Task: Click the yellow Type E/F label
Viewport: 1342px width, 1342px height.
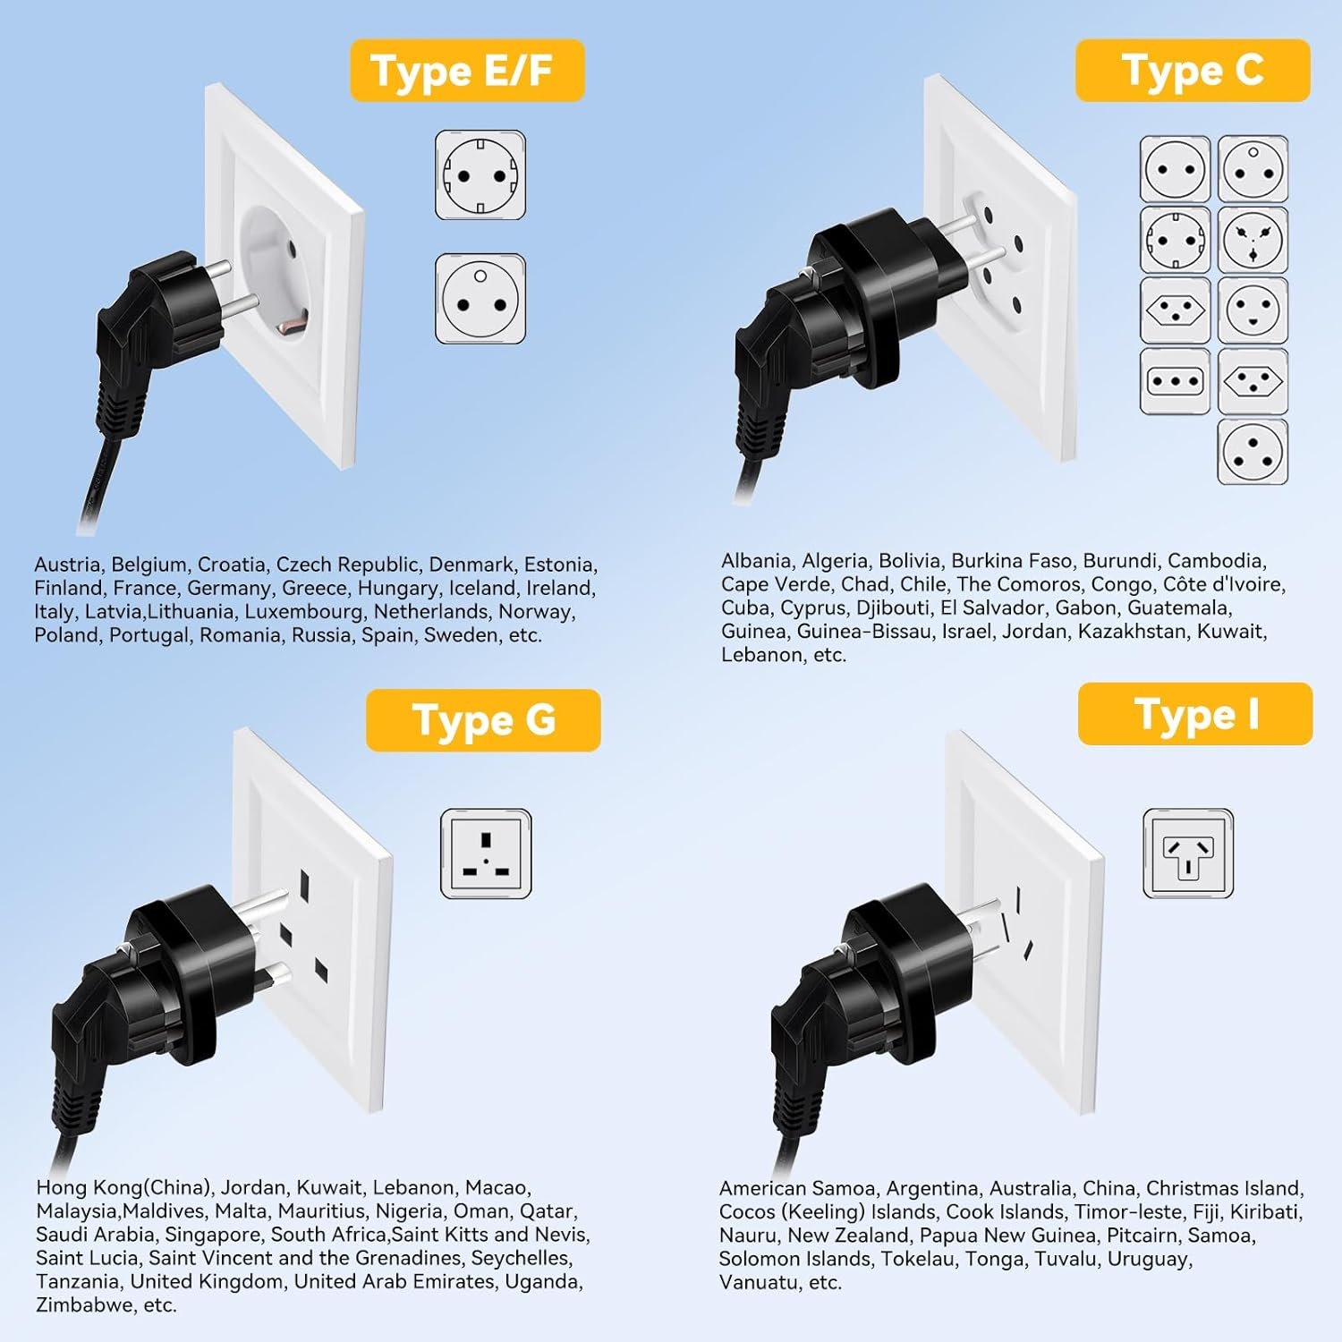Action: pyautogui.click(x=467, y=70)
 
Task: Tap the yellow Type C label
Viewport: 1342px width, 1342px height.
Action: pyautogui.click(x=1193, y=70)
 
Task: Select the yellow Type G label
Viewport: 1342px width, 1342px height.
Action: pyautogui.click(x=483, y=720)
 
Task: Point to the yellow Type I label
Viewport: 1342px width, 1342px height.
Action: pyautogui.click(x=1195, y=714)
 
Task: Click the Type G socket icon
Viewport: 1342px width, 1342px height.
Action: pyautogui.click(x=486, y=854)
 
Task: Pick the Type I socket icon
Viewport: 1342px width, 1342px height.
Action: pyautogui.click(x=1188, y=854)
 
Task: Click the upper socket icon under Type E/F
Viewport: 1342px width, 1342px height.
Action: pyautogui.click(x=480, y=175)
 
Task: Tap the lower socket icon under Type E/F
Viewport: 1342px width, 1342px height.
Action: pyautogui.click(x=480, y=299)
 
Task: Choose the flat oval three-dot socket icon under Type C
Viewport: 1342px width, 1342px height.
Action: pyautogui.click(x=1175, y=381)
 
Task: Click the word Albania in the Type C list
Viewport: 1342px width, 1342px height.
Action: pyautogui.click(x=756, y=561)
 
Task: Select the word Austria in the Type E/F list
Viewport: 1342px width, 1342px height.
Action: pyautogui.click(x=67, y=565)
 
